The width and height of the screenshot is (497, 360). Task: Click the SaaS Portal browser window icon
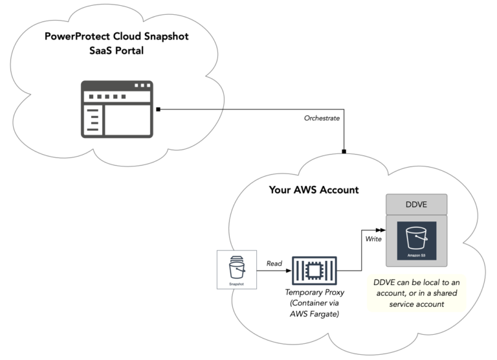(116, 109)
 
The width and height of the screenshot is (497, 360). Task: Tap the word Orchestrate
(322, 118)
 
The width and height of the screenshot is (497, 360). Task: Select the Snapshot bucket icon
(237, 270)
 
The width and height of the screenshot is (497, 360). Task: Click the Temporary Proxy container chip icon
(314, 270)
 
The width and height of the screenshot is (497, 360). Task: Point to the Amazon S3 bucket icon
(416, 240)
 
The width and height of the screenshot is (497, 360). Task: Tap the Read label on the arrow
(274, 264)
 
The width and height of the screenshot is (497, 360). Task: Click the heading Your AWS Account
(314, 190)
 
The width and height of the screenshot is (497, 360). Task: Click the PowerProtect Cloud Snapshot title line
(116, 36)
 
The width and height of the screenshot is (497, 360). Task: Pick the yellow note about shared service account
(416, 292)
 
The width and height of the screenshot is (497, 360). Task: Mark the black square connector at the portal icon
(158, 109)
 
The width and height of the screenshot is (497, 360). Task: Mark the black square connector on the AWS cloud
(344, 152)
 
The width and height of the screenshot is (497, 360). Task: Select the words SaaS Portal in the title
(116, 51)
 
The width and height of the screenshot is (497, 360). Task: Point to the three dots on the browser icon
(141, 86)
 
